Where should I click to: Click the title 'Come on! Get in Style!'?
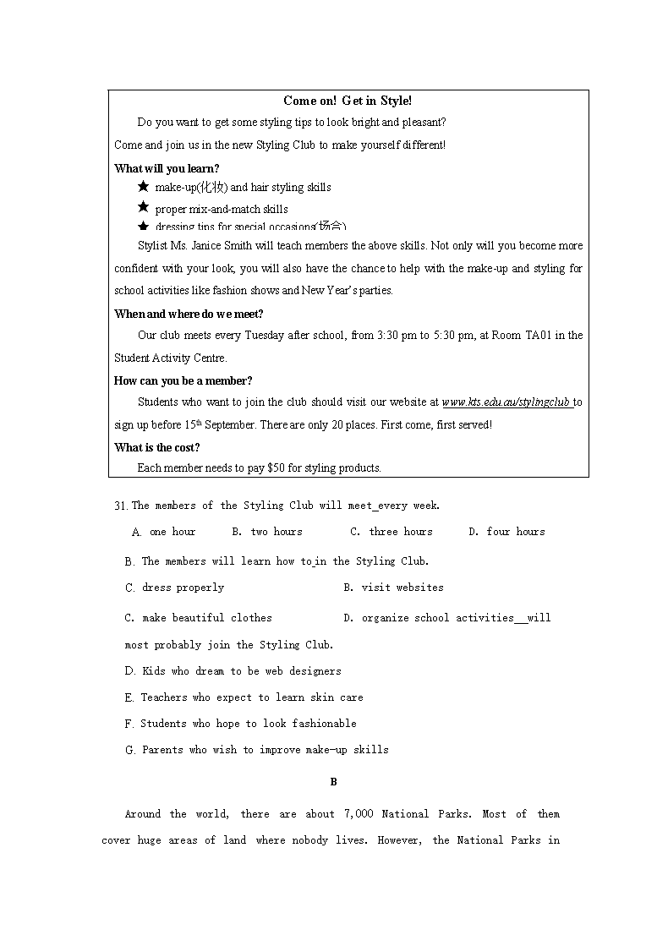pos(348,101)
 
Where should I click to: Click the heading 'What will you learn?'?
pos(167,168)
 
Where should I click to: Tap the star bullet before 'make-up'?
pos(144,187)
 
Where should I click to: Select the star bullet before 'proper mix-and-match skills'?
pos(144,208)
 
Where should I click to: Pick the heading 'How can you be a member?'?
pos(183,380)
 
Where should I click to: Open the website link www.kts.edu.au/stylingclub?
pos(506,402)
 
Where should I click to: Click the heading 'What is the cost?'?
pos(157,447)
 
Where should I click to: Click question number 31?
pos(121,506)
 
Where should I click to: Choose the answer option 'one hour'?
pos(172,532)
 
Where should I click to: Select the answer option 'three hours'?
pos(401,532)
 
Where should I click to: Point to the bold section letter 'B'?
pos(333,782)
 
